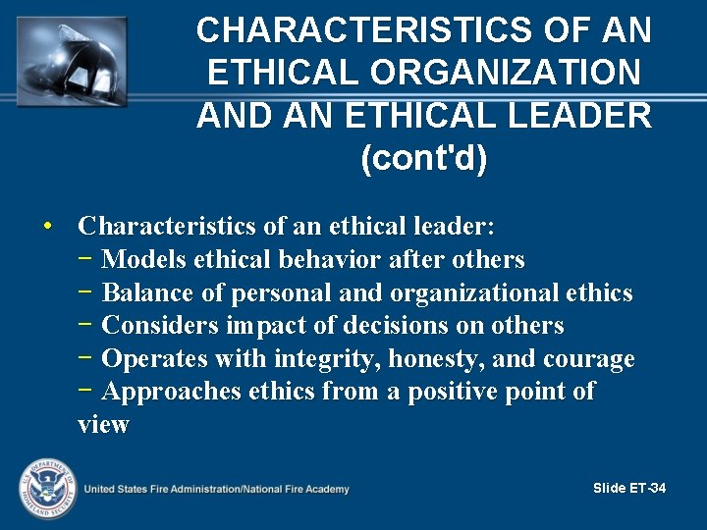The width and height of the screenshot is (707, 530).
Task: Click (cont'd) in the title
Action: [x=424, y=158]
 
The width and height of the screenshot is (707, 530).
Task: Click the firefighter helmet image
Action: [x=71, y=60]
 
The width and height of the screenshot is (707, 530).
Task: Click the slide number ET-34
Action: [x=629, y=488]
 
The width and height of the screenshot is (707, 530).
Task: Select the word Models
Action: [x=144, y=260]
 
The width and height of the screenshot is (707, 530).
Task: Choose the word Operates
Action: [x=154, y=358]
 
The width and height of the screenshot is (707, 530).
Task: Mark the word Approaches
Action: [x=171, y=392]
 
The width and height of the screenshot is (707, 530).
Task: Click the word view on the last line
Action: [x=103, y=425]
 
